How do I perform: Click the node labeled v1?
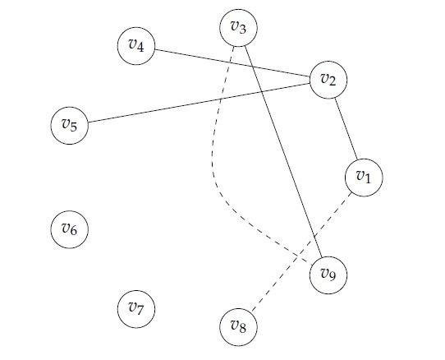tap(364, 178)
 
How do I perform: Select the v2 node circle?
tap(328, 80)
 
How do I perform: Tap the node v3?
tap(238, 28)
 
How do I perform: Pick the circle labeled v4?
tap(136, 46)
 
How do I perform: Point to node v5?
tap(70, 125)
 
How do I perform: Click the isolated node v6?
tap(70, 229)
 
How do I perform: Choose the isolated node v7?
tap(136, 309)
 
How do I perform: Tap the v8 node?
tap(238, 327)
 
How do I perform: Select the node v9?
tap(328, 275)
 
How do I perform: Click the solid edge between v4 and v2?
tap(232, 62)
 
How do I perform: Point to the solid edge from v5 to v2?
tap(199, 103)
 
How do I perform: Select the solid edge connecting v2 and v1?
tap(346, 129)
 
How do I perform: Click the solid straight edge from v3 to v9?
tap(283, 151)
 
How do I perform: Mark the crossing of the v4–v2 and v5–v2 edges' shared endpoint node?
tap(328, 80)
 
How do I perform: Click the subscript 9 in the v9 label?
tap(333, 275)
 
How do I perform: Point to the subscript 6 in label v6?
tap(73, 230)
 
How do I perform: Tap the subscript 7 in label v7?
tap(140, 310)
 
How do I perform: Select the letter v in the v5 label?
tap(66, 123)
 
